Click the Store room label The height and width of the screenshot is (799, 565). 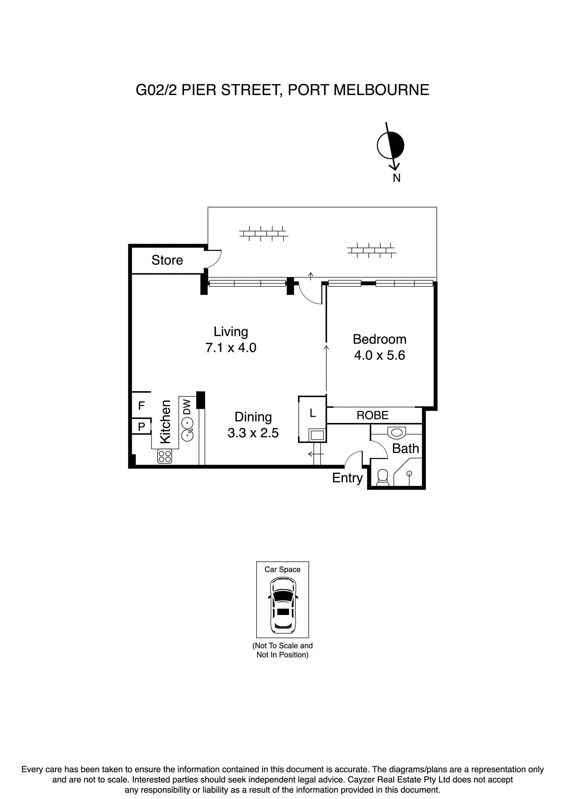point(167,260)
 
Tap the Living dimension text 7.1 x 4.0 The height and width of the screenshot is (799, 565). point(231,348)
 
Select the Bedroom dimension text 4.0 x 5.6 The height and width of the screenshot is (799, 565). point(380,355)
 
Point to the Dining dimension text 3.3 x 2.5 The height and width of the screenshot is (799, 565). point(253,433)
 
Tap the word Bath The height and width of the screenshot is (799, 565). point(405,448)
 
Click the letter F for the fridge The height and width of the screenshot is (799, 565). point(141,406)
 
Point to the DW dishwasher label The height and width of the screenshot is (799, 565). point(187,407)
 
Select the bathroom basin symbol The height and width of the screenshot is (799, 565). point(396,432)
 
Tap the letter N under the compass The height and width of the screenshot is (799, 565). point(396,178)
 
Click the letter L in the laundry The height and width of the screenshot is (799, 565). point(313,413)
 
